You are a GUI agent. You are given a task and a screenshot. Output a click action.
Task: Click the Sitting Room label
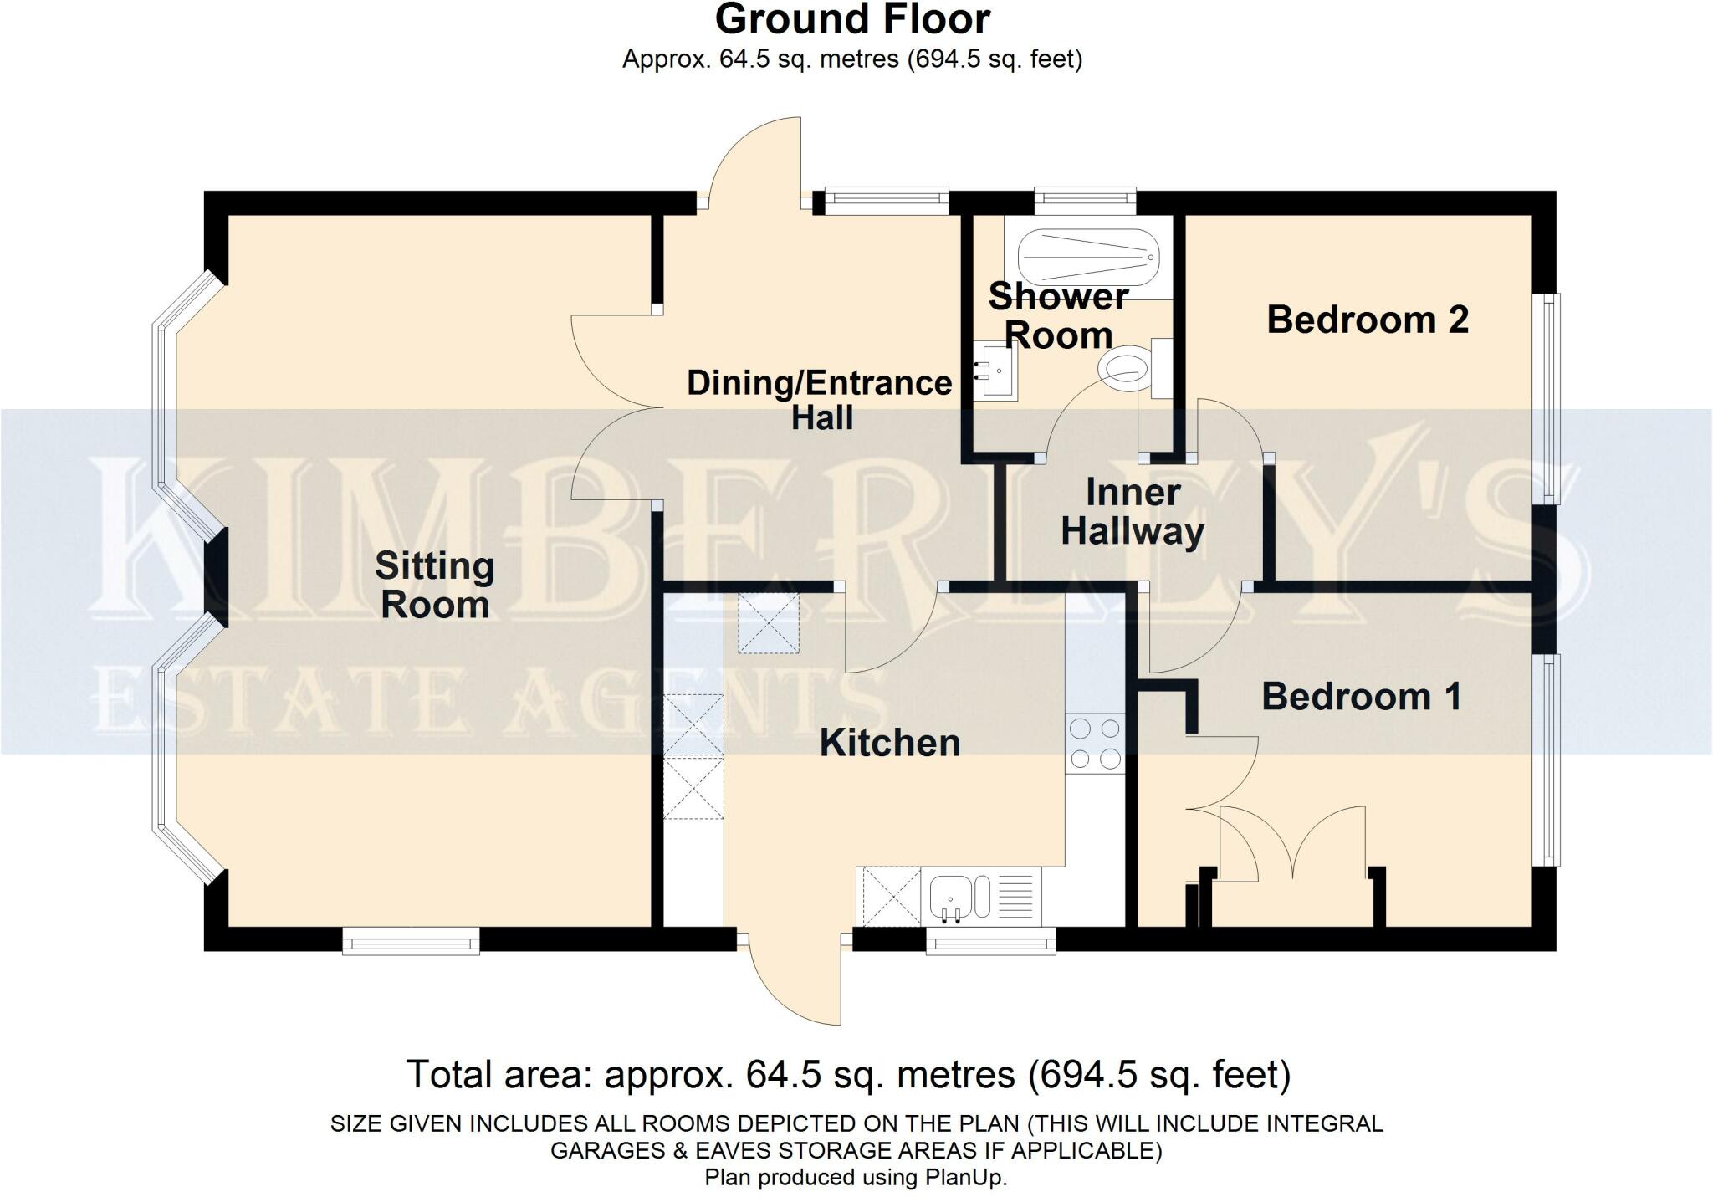434,585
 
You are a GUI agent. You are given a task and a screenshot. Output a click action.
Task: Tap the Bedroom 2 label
1367,320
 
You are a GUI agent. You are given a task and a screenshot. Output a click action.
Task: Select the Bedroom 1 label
1361,696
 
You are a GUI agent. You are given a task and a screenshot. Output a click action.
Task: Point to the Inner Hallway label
1132,512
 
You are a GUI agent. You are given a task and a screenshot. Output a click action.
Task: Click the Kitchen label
889,743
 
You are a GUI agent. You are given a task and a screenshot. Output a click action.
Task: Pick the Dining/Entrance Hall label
819,400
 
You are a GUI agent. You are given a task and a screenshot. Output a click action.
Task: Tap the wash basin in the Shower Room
997,371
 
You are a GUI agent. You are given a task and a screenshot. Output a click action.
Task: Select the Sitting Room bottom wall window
411,940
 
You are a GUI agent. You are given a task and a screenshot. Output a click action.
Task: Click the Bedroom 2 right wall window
1550,398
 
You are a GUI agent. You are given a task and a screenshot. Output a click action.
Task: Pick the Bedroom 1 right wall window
1550,760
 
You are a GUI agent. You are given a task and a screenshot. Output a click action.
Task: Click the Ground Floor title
851,19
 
